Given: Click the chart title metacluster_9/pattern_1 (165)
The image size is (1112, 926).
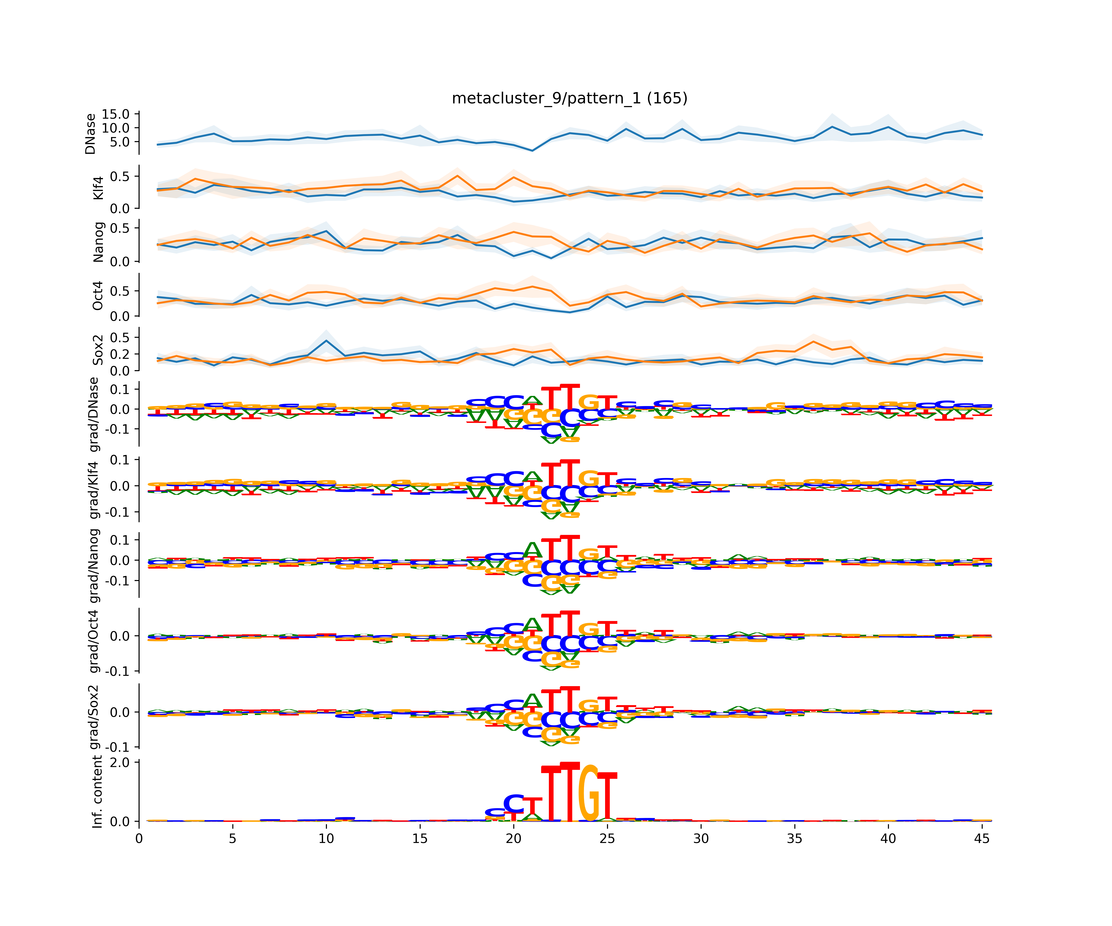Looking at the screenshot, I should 569,98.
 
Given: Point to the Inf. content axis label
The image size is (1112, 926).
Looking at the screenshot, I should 97,792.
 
